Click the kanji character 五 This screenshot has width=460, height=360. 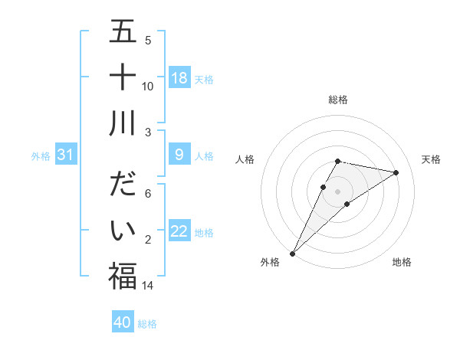click(x=123, y=33)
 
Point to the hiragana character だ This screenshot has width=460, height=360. click(x=123, y=186)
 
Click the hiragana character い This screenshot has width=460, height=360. click(x=123, y=231)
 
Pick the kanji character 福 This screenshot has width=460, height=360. click(x=123, y=276)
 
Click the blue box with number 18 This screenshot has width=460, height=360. click(x=179, y=78)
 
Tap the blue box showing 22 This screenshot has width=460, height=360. click(x=179, y=231)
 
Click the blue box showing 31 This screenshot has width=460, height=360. click(x=65, y=155)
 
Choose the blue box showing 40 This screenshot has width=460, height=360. click(x=123, y=322)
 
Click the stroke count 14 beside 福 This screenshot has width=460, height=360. click(x=149, y=285)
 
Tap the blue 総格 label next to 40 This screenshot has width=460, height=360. click(x=147, y=323)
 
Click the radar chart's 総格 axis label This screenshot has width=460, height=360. click(x=337, y=100)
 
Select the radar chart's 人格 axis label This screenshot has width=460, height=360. click(x=245, y=159)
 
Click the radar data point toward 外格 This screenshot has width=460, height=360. click(x=292, y=253)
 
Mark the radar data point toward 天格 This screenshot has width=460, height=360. click(x=396, y=173)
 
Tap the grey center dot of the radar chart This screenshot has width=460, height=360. click(x=337, y=191)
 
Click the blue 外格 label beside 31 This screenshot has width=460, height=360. click(x=41, y=156)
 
